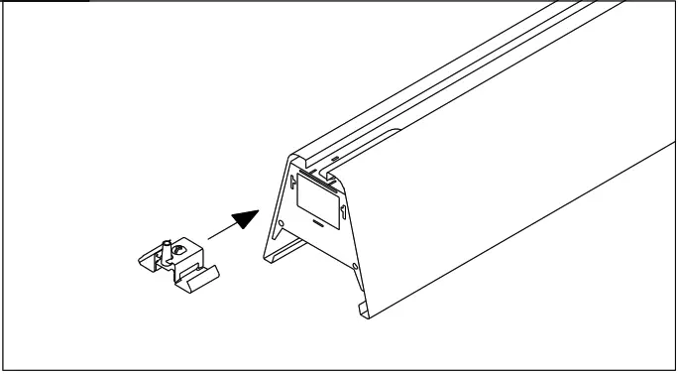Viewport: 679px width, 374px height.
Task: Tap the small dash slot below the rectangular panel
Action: click(317, 225)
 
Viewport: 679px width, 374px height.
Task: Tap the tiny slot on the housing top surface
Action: click(334, 156)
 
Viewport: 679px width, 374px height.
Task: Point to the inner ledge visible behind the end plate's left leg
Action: click(286, 248)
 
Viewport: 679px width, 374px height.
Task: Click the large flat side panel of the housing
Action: click(496, 218)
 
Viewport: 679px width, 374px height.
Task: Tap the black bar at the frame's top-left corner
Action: click(45, 2)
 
